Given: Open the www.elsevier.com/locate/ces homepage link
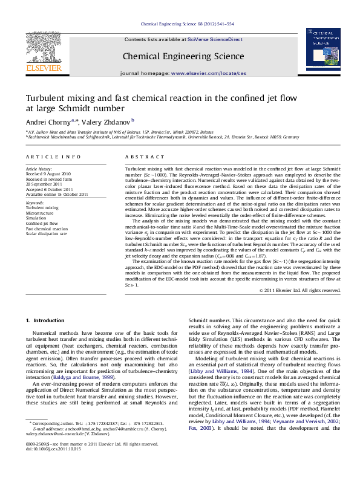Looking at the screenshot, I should click(209, 73).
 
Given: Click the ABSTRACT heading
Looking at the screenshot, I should click(137, 157).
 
